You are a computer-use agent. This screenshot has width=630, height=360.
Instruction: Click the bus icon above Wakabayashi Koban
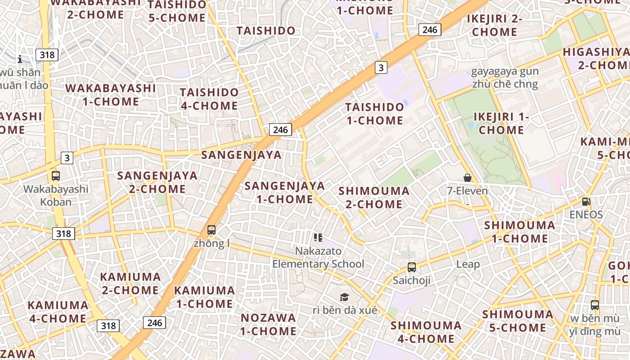click(56, 176)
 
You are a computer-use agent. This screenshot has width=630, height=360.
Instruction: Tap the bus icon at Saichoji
click(411, 267)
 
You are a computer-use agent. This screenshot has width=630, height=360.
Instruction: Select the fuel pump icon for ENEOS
click(586, 202)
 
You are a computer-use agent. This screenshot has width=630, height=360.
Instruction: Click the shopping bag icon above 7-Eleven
click(468, 178)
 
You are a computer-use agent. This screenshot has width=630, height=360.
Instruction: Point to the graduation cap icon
click(344, 297)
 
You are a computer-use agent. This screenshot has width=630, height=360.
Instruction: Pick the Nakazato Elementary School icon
click(318, 238)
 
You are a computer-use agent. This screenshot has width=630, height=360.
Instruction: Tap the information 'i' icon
click(20, 59)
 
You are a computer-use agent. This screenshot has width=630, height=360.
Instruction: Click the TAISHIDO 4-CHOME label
click(209, 99)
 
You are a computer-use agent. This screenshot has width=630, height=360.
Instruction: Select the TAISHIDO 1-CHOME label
click(374, 113)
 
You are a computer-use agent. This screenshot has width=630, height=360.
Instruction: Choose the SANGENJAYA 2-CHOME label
click(157, 182)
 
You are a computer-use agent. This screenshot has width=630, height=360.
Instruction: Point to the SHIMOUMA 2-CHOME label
click(374, 198)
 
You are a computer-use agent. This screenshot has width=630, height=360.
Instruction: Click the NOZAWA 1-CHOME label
click(268, 324)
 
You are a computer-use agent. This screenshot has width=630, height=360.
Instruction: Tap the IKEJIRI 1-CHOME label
click(501, 123)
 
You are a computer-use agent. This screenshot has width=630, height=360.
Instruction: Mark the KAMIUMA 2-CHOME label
click(130, 283)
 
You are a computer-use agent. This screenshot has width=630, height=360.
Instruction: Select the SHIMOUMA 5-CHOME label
click(517, 321)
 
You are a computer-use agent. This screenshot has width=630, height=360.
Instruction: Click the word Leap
click(468, 264)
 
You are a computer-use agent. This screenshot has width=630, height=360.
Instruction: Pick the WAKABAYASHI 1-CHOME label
click(111, 94)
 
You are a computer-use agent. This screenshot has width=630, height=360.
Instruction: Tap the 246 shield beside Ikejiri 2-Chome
click(430, 30)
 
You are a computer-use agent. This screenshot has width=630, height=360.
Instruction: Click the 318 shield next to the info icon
click(47, 55)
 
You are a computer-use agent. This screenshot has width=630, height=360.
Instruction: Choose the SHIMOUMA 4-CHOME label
click(426, 332)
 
